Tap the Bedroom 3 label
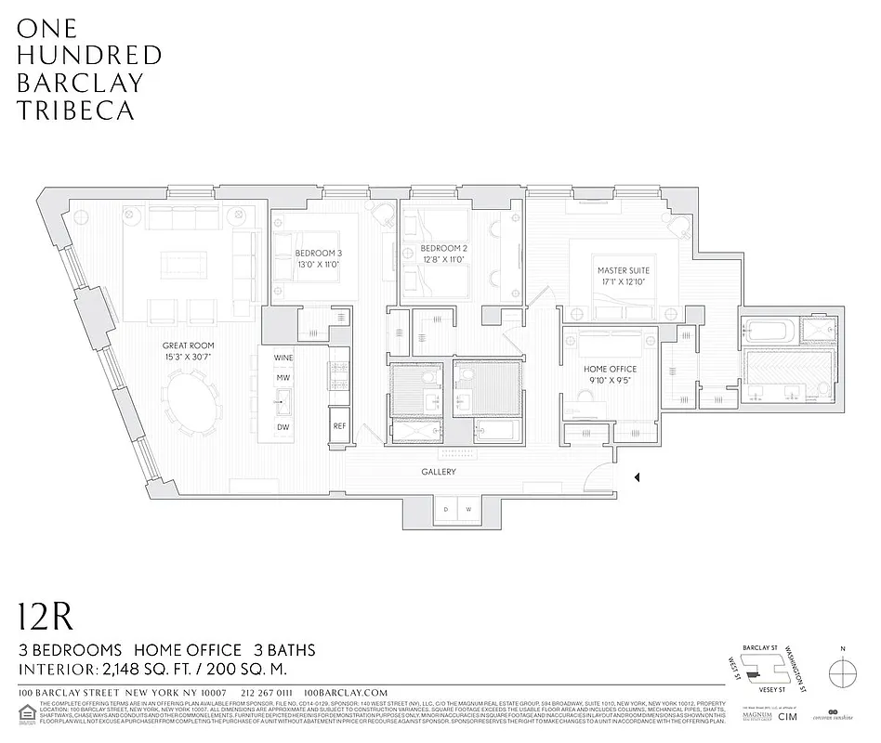pos(319,259)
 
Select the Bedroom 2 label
pos(442,254)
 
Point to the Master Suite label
pos(623,276)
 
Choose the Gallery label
pos(439,472)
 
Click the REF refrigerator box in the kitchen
pos(339,426)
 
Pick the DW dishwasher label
pos(283,426)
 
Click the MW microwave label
pos(283,378)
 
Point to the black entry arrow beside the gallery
pos(637,478)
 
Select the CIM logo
pos(788,716)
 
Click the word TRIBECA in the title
pos(76,110)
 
